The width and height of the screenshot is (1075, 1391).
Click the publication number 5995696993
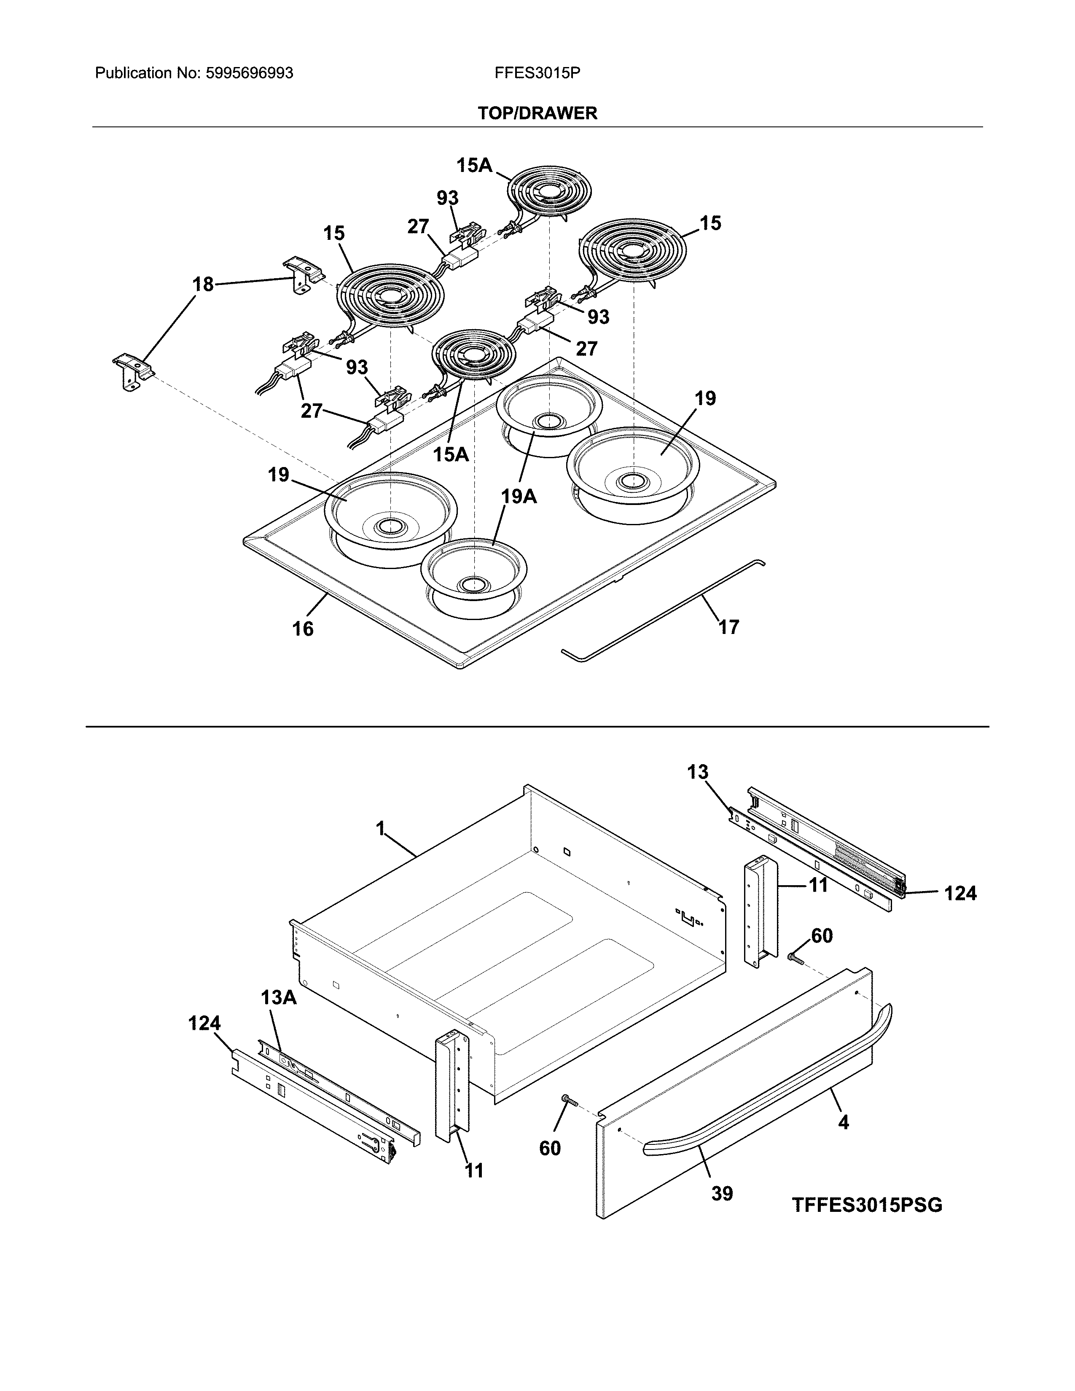click(x=249, y=73)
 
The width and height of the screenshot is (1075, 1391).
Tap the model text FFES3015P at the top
click(x=537, y=73)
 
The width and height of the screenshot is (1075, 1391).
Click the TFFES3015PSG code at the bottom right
click(x=867, y=1205)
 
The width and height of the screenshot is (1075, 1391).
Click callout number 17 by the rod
click(x=728, y=627)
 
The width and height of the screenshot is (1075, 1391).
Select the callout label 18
click(x=203, y=284)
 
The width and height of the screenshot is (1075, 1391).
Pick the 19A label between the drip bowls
click(x=519, y=496)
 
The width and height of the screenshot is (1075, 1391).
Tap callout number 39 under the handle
click(x=722, y=1193)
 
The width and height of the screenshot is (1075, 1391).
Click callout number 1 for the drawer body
click(x=381, y=829)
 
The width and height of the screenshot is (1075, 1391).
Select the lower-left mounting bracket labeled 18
click(x=132, y=371)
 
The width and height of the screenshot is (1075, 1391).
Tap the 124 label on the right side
click(x=960, y=894)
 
